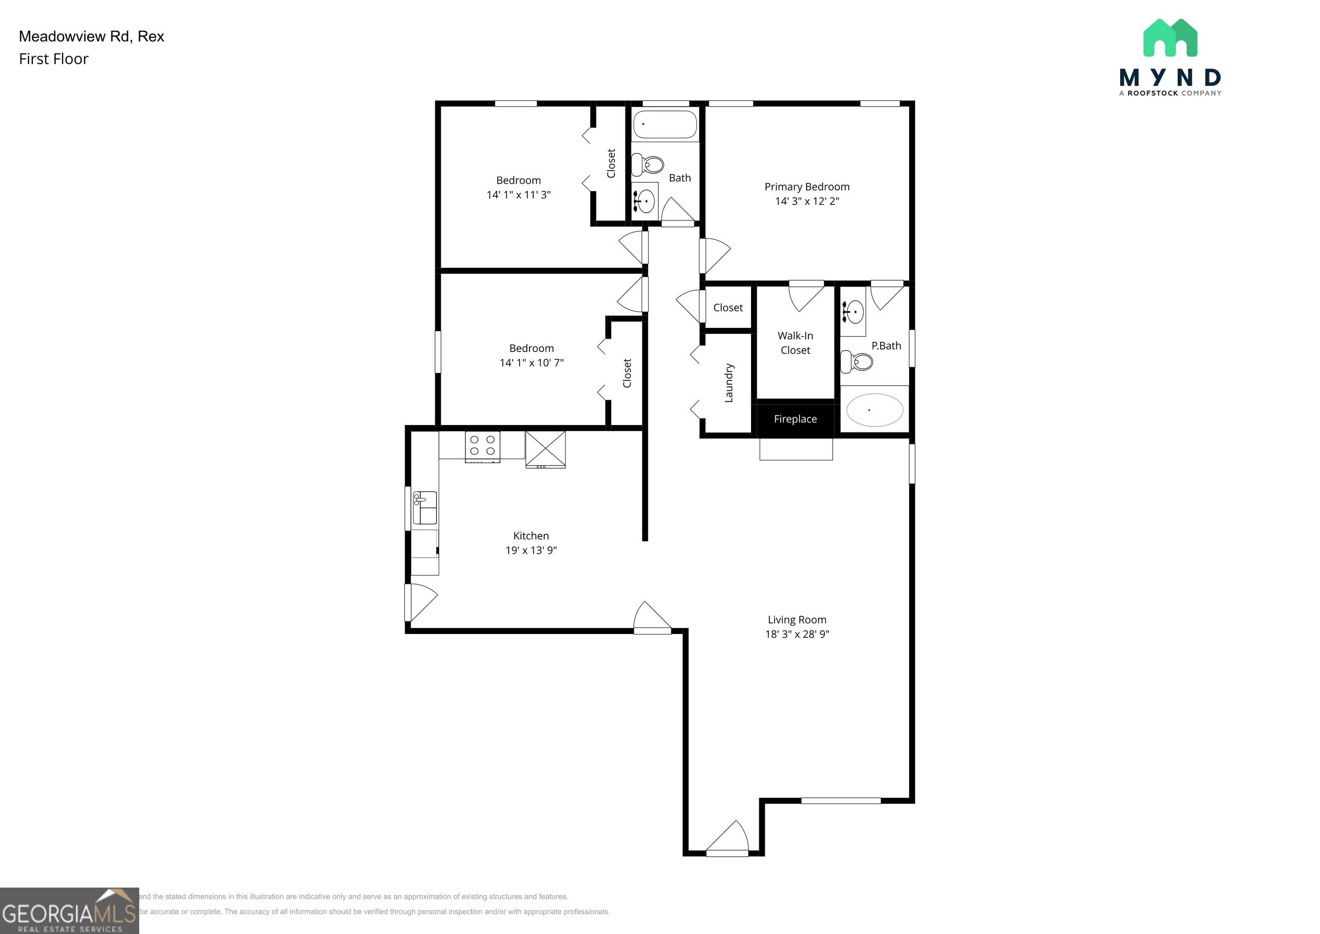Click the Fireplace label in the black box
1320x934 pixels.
[x=795, y=419]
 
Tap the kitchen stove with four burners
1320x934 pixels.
[x=483, y=446]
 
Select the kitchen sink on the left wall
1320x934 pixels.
[x=425, y=508]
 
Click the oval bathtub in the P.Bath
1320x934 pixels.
[x=874, y=410]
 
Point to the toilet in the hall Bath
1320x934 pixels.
[x=648, y=165]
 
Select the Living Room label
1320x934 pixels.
[x=797, y=620]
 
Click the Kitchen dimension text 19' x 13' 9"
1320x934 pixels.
[x=531, y=551]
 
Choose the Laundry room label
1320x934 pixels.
[x=728, y=383]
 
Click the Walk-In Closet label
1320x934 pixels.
[x=795, y=343]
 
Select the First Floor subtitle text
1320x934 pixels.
[x=53, y=59]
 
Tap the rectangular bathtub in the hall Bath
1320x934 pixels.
[x=665, y=124]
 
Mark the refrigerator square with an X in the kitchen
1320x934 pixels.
[x=545, y=449]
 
